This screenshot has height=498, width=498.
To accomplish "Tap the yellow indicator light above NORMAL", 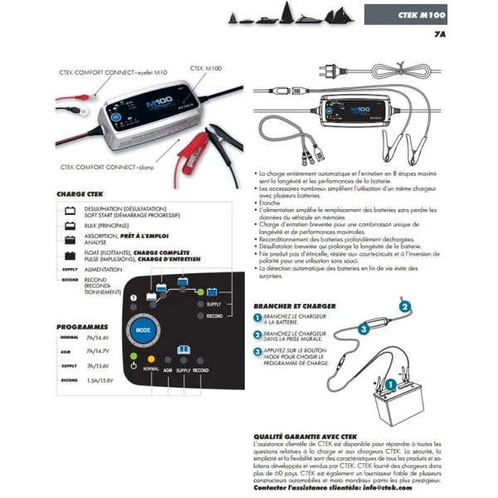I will [x=151, y=358].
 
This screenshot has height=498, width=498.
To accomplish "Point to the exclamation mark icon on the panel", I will [x=134, y=298].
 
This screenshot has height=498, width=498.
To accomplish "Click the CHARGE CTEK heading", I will [x=80, y=193].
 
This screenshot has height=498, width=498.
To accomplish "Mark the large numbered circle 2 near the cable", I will [x=405, y=306].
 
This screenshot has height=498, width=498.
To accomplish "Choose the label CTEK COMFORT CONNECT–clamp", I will [x=108, y=166].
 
